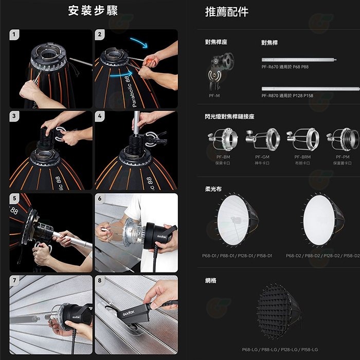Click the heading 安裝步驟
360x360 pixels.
(x=93, y=11)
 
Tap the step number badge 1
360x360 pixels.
(x=15, y=35)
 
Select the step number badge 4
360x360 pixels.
(x=100, y=117)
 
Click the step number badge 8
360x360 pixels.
(x=100, y=281)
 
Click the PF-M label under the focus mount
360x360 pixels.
(x=214, y=95)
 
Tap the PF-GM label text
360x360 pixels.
(x=262, y=157)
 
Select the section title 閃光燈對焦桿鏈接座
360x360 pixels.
(x=229, y=117)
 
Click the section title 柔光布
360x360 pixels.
(x=212, y=189)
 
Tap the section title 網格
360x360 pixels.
(x=211, y=281)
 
